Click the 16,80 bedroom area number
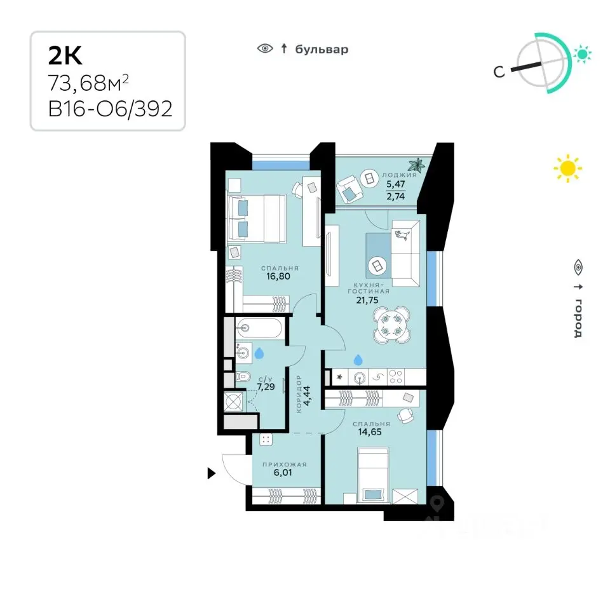(278, 276)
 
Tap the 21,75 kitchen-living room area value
(367, 300)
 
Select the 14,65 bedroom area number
(370, 432)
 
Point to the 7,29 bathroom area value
(266, 387)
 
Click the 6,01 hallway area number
(283, 472)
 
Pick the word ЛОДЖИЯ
(399, 175)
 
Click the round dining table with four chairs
(391, 325)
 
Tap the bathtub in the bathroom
(259, 329)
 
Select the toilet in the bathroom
(243, 376)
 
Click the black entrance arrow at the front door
(211, 473)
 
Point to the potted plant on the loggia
(417, 165)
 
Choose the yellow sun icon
(567, 168)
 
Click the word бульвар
(322, 50)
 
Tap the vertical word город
(578, 318)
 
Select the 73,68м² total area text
(88, 83)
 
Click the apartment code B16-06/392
(110, 109)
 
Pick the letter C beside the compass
(499, 72)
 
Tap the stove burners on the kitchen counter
(396, 377)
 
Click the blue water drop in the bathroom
(259, 353)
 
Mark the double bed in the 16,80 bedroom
(257, 219)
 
